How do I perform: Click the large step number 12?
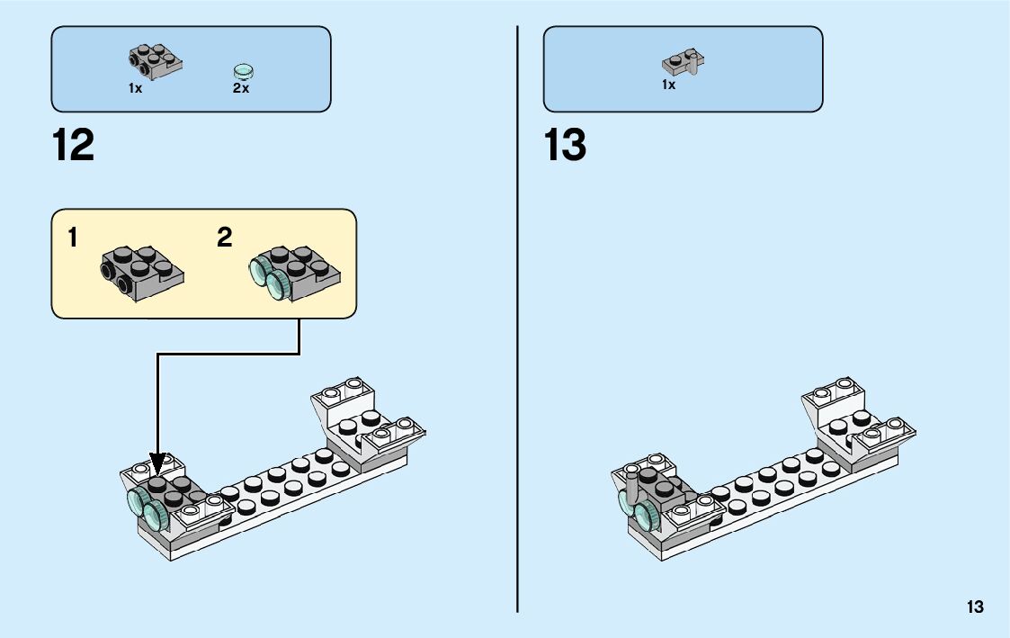tap(74, 146)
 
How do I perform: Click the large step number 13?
tap(566, 146)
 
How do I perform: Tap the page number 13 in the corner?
tap(975, 607)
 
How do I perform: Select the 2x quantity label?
tap(240, 89)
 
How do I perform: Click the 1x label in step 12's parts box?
tap(135, 88)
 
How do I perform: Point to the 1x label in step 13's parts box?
tap(668, 85)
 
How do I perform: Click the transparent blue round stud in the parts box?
tap(243, 70)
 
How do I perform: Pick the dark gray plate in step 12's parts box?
tap(155, 59)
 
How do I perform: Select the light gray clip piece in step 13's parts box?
tap(684, 62)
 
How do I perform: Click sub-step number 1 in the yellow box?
tap(73, 238)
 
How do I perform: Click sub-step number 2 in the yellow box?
tap(225, 238)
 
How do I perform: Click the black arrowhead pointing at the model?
tap(158, 465)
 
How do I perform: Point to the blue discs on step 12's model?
tap(148, 508)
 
